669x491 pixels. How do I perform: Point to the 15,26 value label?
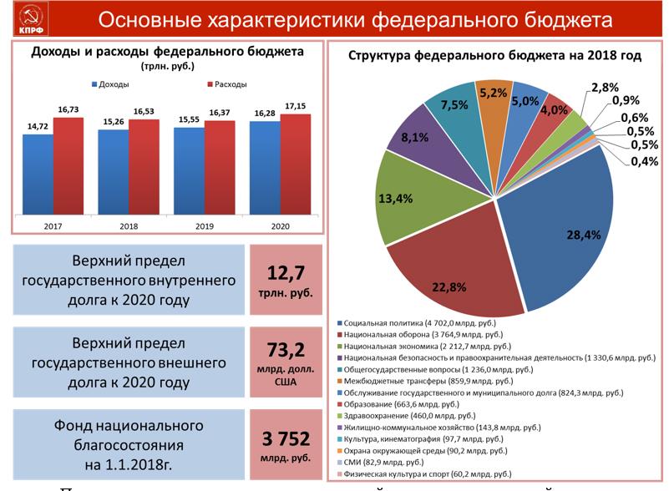[113, 121]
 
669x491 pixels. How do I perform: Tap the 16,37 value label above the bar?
[220, 112]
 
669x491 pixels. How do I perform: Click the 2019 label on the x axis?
[205, 226]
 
